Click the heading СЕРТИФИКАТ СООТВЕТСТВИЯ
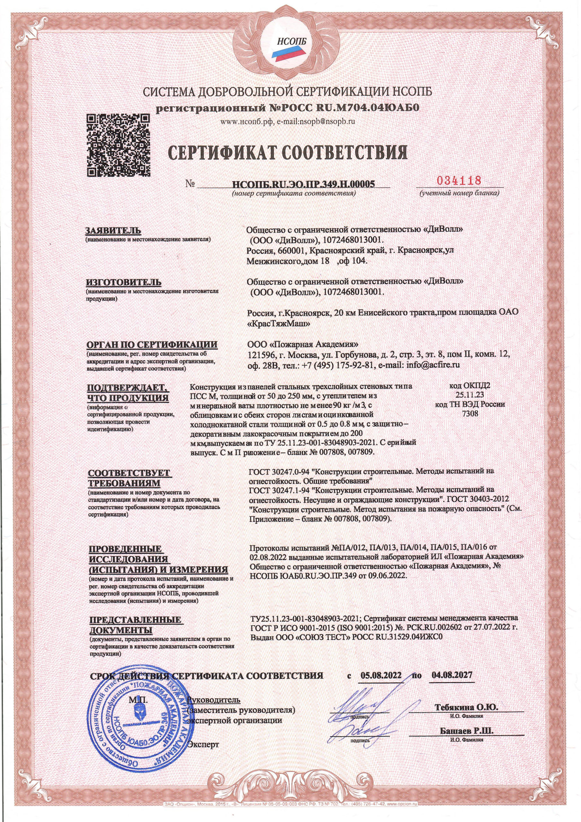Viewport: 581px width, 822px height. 288,153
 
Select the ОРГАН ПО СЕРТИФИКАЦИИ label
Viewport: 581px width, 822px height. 152,345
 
